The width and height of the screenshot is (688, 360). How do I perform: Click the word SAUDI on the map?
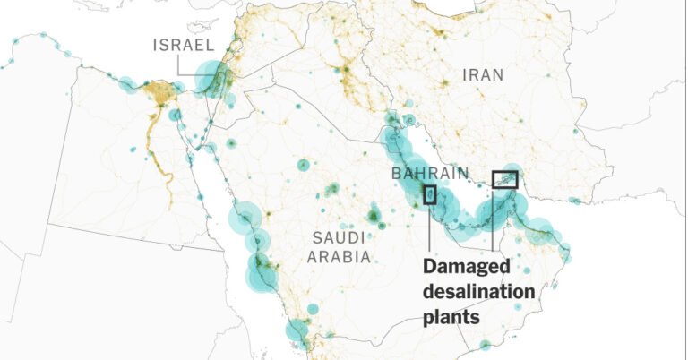[339, 238]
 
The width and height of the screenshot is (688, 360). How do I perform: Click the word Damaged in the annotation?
[466, 267]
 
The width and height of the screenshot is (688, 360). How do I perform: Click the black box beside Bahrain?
[430, 194]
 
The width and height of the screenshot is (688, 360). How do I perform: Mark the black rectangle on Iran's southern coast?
[505, 180]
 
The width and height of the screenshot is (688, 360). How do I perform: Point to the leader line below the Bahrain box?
[430, 228]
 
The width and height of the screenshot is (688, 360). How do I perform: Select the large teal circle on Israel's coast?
[211, 79]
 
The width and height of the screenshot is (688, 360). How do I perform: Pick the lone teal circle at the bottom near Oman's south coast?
[485, 344]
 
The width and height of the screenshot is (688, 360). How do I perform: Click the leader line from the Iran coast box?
[492, 224]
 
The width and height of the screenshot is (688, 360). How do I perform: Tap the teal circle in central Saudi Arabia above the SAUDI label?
[303, 165]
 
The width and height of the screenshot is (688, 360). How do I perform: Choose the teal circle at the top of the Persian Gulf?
[391, 119]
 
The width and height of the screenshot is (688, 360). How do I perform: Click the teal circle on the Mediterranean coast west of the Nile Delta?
[127, 85]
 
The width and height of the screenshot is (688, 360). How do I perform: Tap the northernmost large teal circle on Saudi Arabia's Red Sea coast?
[244, 219]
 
